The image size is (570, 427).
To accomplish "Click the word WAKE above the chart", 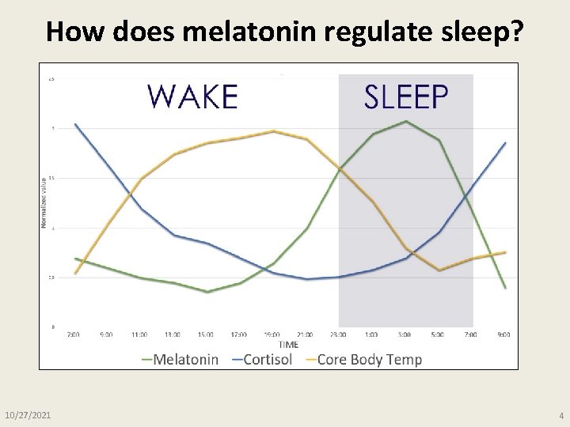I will (x=192, y=96).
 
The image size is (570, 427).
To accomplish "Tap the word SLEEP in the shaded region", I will (x=406, y=96).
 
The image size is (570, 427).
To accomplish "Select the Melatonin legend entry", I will (x=180, y=360).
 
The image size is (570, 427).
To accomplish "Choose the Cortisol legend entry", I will (x=262, y=360).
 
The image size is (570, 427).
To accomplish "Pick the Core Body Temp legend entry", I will (x=363, y=360).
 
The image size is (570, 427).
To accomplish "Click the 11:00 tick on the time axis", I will (x=140, y=334).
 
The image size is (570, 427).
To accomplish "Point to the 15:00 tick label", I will (x=206, y=334).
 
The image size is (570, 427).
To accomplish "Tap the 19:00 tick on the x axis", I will (x=272, y=334).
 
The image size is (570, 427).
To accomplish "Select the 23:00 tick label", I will (x=339, y=334).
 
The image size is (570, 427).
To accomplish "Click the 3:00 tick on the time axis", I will (x=405, y=334).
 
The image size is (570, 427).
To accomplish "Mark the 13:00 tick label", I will (x=173, y=334).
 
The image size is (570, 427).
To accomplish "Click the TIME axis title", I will (x=289, y=345).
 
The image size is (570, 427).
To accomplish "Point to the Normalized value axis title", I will (x=44, y=202).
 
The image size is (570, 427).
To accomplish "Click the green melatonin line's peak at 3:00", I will (x=405, y=121).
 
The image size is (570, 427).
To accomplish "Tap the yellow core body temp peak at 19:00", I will (x=273, y=131).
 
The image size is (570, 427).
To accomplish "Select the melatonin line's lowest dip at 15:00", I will (x=207, y=292).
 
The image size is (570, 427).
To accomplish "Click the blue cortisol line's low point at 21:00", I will (x=306, y=279).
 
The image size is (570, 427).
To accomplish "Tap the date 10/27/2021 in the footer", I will (x=28, y=415).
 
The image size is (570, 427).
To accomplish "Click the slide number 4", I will (x=561, y=415).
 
